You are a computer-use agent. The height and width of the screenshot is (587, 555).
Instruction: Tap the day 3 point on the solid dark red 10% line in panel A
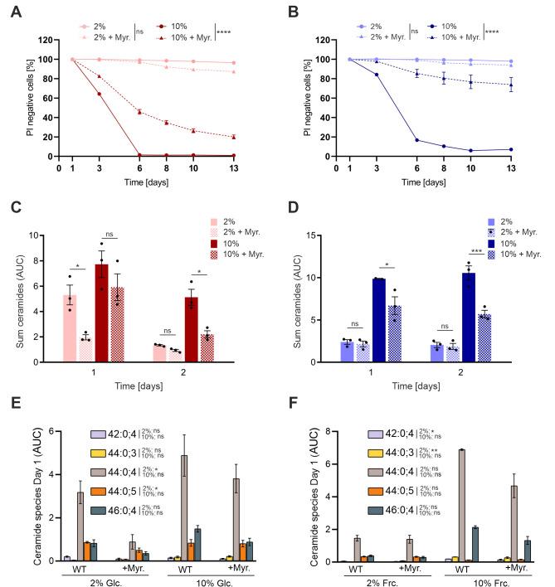pos(100,94)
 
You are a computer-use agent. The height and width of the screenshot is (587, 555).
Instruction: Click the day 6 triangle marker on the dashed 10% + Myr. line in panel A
pos(139,111)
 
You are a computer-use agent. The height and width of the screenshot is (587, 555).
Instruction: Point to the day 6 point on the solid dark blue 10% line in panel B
pos(416,140)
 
